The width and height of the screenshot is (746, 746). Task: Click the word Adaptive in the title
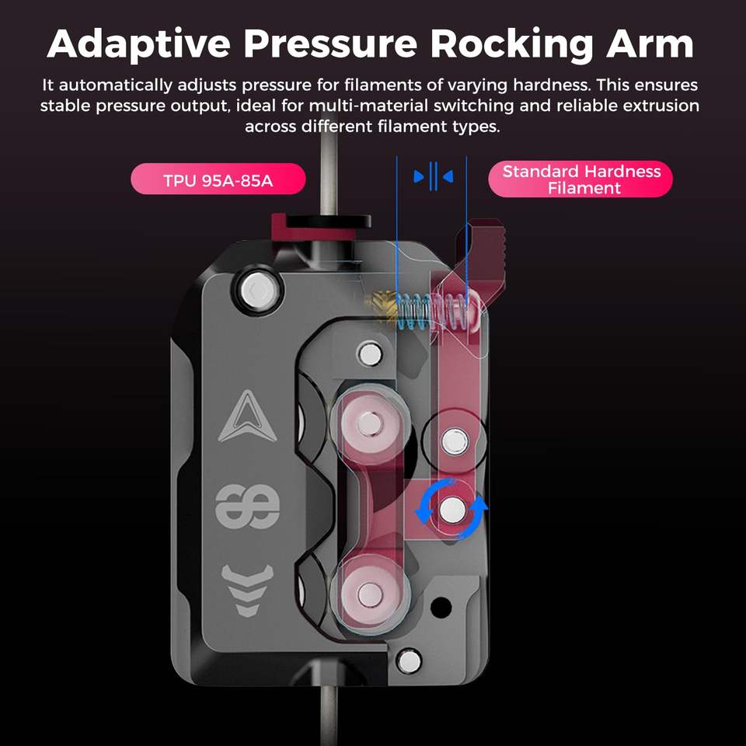pyautogui.click(x=139, y=44)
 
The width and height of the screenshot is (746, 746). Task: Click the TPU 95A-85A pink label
pyautogui.click(x=218, y=179)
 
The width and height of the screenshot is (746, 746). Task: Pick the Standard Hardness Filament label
pyautogui.click(x=580, y=179)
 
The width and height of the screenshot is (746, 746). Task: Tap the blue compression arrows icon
pyautogui.click(x=434, y=176)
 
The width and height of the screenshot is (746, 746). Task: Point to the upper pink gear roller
pyautogui.click(x=368, y=423)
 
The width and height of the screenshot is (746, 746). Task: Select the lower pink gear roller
pyautogui.click(x=369, y=594)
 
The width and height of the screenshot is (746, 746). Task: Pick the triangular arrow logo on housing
pyautogui.click(x=247, y=417)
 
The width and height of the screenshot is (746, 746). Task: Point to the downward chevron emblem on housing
pyautogui.click(x=247, y=590)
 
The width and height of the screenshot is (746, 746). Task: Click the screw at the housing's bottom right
pyautogui.click(x=410, y=661)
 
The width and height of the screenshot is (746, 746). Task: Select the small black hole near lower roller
pyautogui.click(x=441, y=607)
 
